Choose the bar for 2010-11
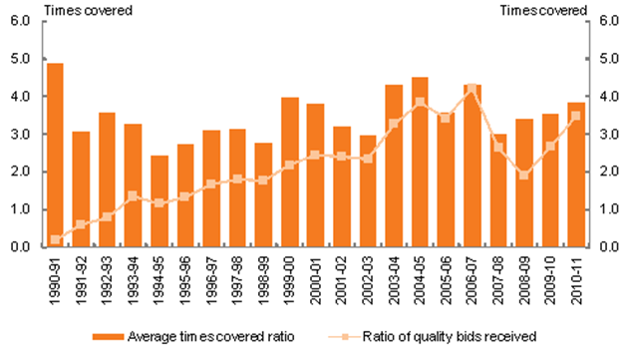click(576, 175)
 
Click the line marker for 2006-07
click(472, 88)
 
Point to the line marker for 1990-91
click(55, 239)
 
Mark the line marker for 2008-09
click(524, 175)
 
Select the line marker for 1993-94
click(134, 196)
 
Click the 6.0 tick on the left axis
click(21, 20)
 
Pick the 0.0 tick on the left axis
click(21, 247)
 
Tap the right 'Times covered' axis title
click(543, 9)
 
